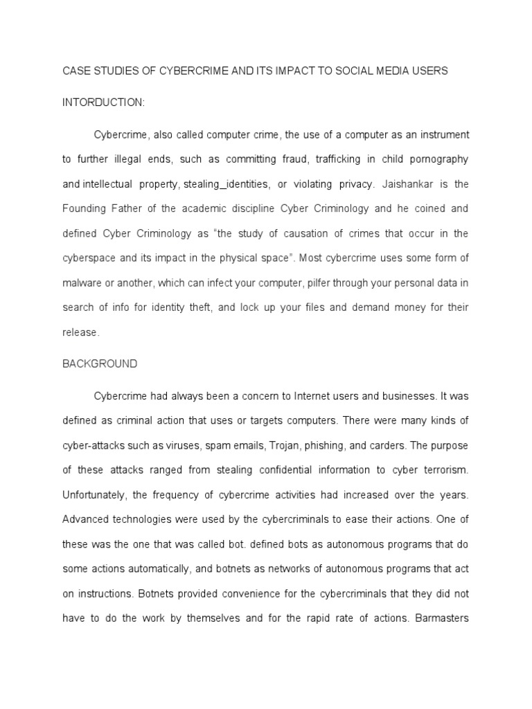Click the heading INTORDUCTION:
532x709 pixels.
click(104, 102)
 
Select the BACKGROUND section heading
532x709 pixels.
click(100, 364)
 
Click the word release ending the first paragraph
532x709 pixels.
click(80, 332)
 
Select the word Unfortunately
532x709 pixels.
click(96, 494)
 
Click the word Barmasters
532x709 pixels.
click(441, 618)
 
